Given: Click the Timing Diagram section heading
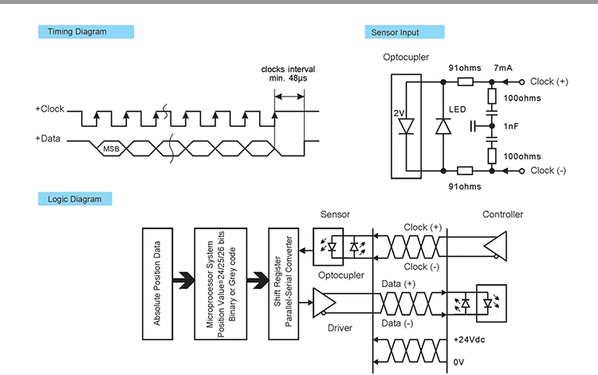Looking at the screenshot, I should (x=77, y=32).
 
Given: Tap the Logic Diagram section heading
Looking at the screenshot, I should (x=75, y=199).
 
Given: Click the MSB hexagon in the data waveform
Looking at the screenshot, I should (x=110, y=148).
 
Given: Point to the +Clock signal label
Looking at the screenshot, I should (x=49, y=109).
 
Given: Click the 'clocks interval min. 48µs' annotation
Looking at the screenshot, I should (x=289, y=73).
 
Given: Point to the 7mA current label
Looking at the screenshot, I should (x=503, y=68).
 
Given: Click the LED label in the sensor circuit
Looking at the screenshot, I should (x=458, y=109).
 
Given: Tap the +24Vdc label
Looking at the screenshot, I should (x=470, y=339).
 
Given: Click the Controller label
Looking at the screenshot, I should (x=503, y=214).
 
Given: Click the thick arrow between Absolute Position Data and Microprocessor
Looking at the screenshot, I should (x=183, y=280).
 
